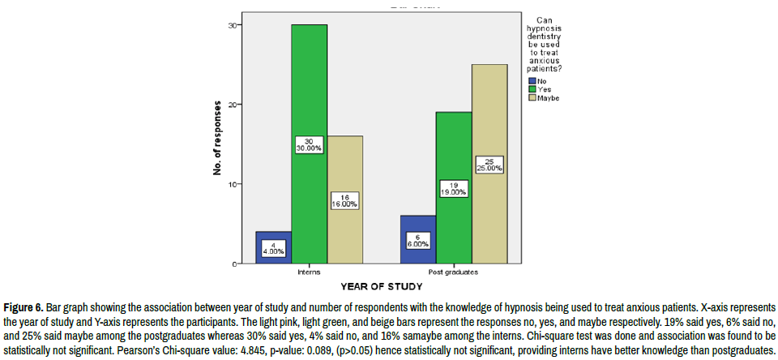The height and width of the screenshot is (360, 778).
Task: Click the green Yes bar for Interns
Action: point(310,89)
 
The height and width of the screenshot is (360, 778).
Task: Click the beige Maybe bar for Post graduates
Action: point(489,122)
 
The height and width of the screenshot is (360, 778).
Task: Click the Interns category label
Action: point(309,272)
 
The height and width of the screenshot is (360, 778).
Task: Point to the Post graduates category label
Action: point(454,272)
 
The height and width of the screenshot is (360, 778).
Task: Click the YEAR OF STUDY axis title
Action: point(381,286)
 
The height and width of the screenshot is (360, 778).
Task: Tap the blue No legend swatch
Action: point(532,80)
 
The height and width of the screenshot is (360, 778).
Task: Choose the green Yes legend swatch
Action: point(532,88)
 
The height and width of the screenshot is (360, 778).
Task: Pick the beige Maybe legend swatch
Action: point(532,97)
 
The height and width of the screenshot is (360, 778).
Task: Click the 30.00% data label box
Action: point(310,144)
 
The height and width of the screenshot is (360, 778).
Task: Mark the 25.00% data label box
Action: point(489,165)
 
